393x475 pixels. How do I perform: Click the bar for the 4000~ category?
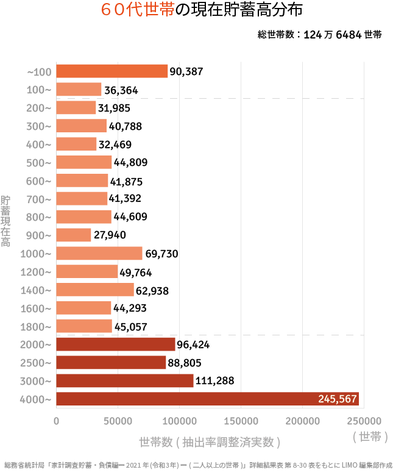207,399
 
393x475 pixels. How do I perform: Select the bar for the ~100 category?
112,71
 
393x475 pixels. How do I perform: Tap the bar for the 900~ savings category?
74,235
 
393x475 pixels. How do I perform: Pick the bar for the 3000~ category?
125,381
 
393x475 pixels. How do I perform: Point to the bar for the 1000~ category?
99,254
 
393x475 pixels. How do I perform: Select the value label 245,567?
337,399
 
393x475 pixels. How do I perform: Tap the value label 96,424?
193,345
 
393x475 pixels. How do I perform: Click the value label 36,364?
121,90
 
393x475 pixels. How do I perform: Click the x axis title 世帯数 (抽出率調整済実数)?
210,441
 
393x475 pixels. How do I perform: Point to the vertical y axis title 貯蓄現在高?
6,221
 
